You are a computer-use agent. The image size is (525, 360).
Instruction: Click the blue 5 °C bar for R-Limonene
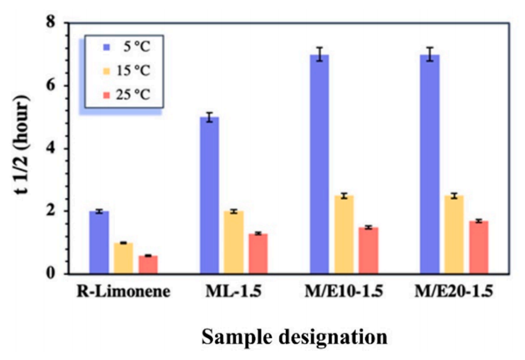[100, 242]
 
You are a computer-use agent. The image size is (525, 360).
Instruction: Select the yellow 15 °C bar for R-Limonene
[124, 258]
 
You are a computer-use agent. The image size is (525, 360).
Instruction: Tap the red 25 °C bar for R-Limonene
[148, 264]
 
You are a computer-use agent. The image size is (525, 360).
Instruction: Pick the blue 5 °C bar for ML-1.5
[209, 195]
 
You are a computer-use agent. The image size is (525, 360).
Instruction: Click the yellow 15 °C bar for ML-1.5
[234, 242]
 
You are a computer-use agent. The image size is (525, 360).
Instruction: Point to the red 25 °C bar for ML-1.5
[258, 253]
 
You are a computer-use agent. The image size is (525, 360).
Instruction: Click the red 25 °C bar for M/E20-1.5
[478, 247]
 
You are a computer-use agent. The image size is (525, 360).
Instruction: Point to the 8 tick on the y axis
[54, 24]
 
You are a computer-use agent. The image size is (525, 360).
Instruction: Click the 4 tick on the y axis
[54, 149]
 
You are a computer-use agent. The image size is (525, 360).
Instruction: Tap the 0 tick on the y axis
[54, 274]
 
